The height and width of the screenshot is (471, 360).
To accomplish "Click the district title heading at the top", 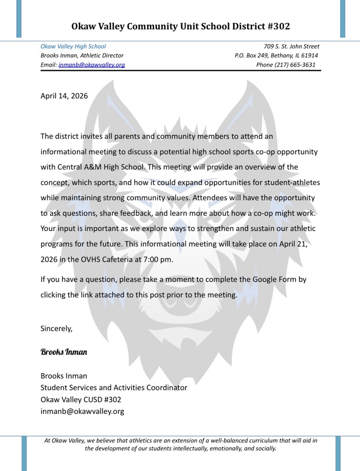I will [x=180, y=26].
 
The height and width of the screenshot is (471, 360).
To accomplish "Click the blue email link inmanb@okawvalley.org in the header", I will [x=91, y=65].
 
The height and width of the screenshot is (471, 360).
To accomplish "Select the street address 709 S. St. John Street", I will [x=291, y=47].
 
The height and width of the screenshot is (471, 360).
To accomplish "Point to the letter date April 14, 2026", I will [x=64, y=95].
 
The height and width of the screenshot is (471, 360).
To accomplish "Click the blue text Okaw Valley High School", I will [x=73, y=47].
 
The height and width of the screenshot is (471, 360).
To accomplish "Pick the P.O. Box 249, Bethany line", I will [x=276, y=56].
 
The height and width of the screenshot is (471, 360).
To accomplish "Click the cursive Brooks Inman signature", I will [x=64, y=352].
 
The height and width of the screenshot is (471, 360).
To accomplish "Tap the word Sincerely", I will [x=57, y=329].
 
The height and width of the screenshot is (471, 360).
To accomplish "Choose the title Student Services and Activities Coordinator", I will [x=114, y=388].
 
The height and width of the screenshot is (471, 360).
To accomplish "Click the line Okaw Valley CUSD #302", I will [x=81, y=399].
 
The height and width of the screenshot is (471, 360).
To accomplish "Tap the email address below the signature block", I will [x=82, y=411].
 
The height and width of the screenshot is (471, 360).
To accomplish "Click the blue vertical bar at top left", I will [x=19, y=19].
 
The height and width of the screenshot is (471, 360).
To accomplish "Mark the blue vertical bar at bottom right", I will [x=338, y=453].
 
